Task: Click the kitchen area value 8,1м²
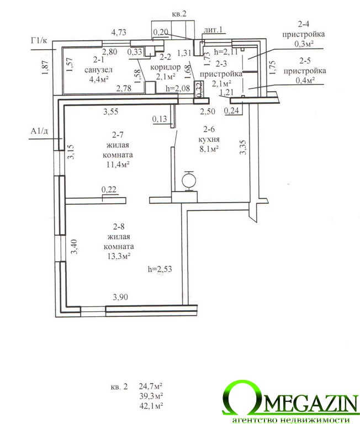coord(209,149)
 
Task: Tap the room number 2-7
coord(118,135)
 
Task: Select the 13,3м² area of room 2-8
coord(119,256)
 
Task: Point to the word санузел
coord(98,70)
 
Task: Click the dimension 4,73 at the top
coord(119,33)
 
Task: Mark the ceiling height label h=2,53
coord(160,269)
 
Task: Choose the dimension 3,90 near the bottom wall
coord(120,297)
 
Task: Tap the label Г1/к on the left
coord(39,41)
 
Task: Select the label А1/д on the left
coord(39,131)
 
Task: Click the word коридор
coord(165,67)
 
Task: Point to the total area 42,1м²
coord(151,406)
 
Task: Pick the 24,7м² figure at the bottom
coord(150,385)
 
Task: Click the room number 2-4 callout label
coord(304,24)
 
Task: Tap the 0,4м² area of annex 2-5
coord(305,80)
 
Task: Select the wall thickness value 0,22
coord(109,189)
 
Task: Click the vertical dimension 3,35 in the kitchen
coord(243,147)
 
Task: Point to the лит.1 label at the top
coord(213,29)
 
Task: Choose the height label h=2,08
coord(178,88)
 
